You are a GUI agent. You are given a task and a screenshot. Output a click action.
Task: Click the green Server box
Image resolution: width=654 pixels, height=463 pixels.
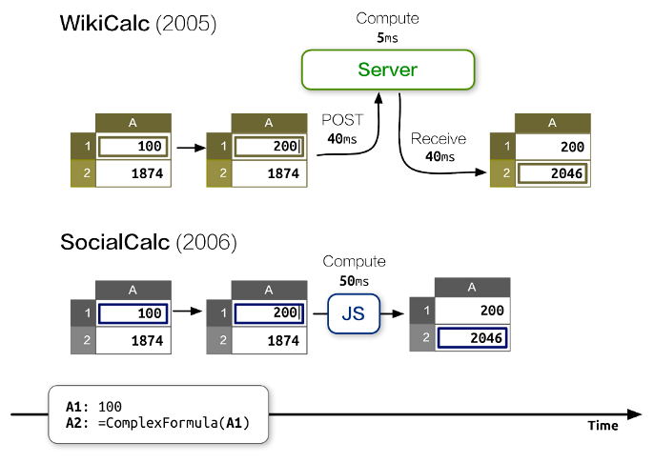click(x=387, y=70)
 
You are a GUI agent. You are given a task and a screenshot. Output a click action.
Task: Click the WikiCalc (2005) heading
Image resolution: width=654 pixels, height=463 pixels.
click(x=139, y=23)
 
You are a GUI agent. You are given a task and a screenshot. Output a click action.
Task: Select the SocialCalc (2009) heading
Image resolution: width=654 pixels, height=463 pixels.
click(x=148, y=241)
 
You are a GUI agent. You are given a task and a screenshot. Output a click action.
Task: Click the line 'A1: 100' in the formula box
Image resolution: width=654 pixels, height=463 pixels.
click(x=95, y=406)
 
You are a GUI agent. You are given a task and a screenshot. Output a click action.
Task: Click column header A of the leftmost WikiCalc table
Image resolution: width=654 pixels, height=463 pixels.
click(x=133, y=122)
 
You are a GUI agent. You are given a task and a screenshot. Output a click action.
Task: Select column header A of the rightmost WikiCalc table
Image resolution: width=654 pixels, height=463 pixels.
click(x=552, y=122)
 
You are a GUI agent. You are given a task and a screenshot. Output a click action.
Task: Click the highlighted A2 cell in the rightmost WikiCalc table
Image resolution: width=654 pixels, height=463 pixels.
click(x=552, y=173)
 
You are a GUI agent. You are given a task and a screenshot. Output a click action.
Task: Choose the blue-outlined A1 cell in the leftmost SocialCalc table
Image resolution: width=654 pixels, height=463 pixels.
click(x=133, y=312)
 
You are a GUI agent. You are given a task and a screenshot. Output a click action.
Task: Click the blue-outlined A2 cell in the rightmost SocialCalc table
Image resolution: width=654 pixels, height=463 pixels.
click(x=471, y=337)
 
